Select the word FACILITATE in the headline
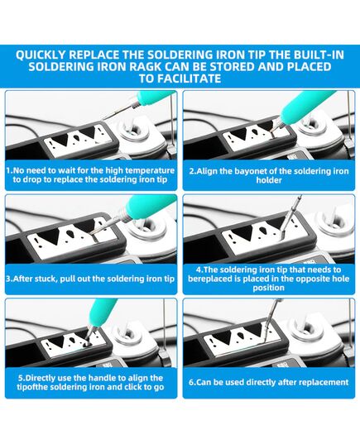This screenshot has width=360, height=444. pyautogui.click(x=189, y=79)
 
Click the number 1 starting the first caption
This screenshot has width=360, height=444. pyautogui.click(x=9, y=170)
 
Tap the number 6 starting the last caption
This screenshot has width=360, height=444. pyautogui.click(x=192, y=383)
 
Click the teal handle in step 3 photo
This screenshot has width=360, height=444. pyautogui.click(x=147, y=207)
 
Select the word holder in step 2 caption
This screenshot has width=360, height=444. pyautogui.click(x=269, y=180)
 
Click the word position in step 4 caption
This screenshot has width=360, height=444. pyautogui.click(x=268, y=288)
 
